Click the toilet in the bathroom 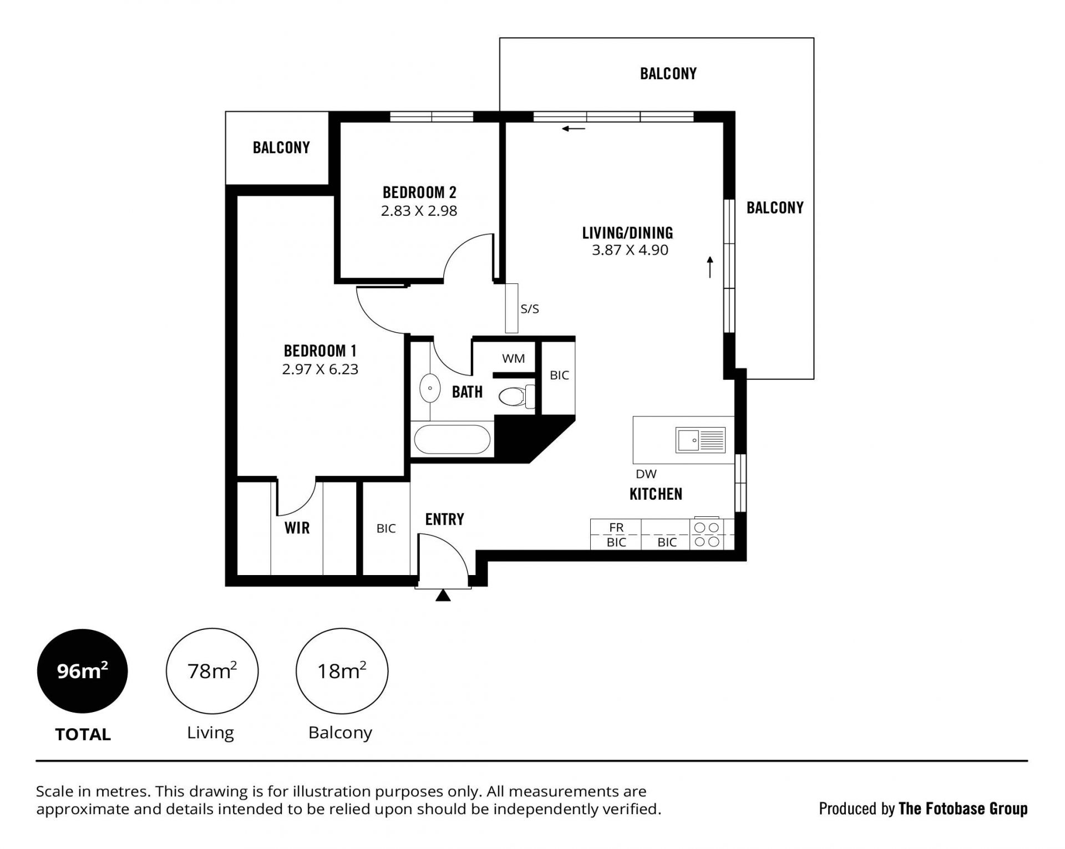[516, 396]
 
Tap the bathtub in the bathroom [452, 439]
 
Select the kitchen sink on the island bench [701, 440]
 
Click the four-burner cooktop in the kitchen [707, 534]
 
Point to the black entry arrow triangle [443, 595]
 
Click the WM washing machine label [514, 359]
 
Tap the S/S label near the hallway [530, 309]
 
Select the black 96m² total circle [83, 671]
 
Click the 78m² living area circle [212, 671]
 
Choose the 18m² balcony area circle [342, 671]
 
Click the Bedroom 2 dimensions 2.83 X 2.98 [419, 211]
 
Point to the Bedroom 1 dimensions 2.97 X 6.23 [320, 369]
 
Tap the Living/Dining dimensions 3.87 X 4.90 [630, 250]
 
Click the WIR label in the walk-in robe [297, 528]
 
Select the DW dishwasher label [646, 474]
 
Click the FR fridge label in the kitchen [616, 527]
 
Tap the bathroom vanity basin [430, 388]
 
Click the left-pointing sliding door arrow [574, 129]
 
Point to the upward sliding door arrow [710, 267]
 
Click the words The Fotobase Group [963, 809]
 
